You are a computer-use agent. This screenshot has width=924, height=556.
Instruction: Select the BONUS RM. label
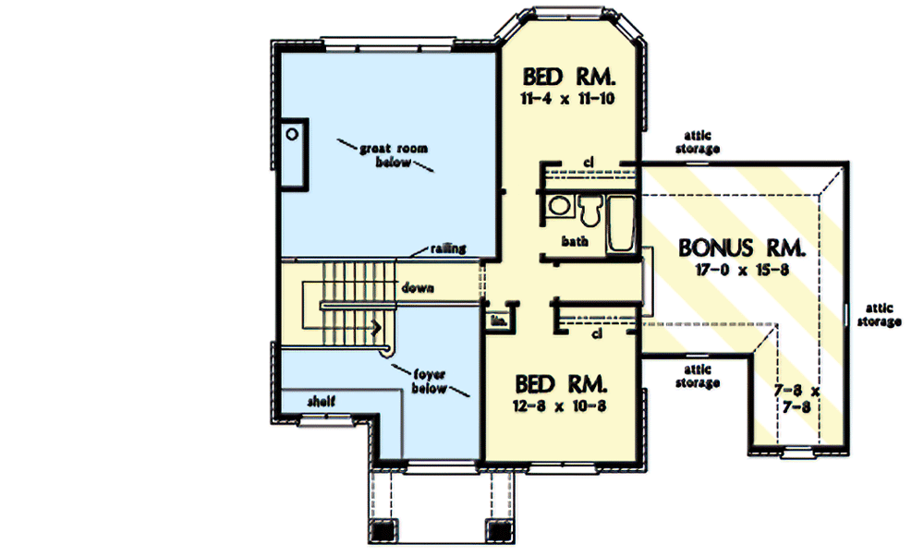coord(743,248)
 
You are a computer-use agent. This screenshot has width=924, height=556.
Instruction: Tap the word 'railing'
coord(448,248)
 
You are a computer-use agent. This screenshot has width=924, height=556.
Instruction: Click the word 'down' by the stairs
coord(418,287)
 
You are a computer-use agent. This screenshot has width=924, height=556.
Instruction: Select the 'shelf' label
coord(321,401)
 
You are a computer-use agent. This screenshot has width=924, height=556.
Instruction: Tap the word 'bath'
coord(575,242)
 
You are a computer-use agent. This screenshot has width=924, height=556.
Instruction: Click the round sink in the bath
coord(557,207)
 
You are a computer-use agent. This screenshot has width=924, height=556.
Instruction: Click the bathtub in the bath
coord(620,224)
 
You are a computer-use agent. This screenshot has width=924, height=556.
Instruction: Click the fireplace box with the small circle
coord(294,153)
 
